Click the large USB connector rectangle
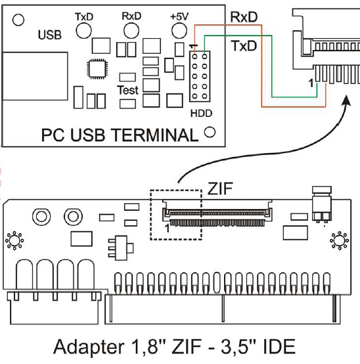click(35, 76)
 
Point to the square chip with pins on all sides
click(97, 68)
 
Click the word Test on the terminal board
click(127, 90)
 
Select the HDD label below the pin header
click(201, 113)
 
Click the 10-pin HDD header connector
click(200, 76)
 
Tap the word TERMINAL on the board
click(154, 135)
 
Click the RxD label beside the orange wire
click(244, 17)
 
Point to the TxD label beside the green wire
click(244, 46)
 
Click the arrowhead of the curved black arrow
click(347, 100)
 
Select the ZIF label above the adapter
click(220, 189)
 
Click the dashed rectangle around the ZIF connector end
click(150, 215)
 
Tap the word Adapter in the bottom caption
click(89, 347)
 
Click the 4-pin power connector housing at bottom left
click(55, 307)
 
